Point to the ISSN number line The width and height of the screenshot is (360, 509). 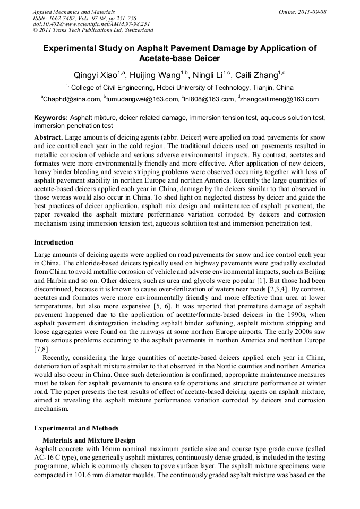(84, 18)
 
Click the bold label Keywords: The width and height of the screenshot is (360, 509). (51, 117)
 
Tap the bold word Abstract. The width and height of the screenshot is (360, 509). (48, 137)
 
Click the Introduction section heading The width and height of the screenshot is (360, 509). (54, 243)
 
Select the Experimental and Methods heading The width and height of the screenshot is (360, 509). (76, 428)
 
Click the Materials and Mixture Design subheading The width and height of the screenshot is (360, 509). (89, 441)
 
